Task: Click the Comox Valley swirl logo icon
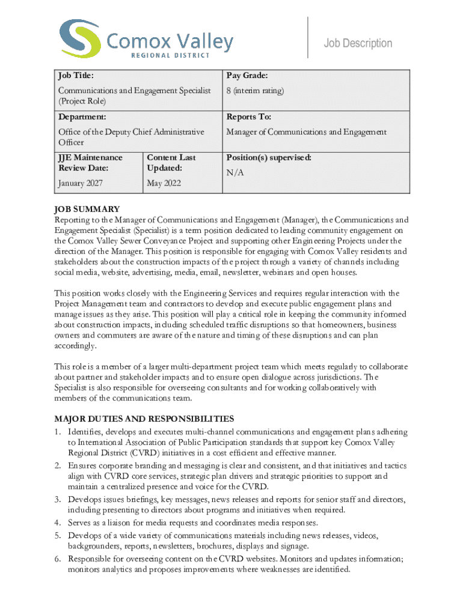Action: tap(79, 39)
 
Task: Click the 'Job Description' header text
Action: tap(358, 43)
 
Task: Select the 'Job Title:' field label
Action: tap(75, 76)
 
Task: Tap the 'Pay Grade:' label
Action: tap(247, 76)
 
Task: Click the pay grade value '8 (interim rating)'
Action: tap(255, 91)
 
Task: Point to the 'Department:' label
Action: tap(82, 117)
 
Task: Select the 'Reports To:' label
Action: tap(248, 117)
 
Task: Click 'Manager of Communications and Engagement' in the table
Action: tap(306, 132)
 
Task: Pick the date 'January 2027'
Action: tap(80, 183)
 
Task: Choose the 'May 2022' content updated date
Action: tap(164, 183)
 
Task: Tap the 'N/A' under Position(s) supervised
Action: tap(235, 173)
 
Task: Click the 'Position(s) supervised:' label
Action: tap(269, 157)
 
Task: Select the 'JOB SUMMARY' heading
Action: tap(87, 209)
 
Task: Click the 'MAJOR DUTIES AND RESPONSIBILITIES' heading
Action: tap(144, 419)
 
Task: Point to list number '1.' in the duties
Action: tap(58, 432)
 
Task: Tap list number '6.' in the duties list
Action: tap(58, 559)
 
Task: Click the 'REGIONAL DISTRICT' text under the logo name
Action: tap(170, 56)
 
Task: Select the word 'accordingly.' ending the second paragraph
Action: tap(75, 347)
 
